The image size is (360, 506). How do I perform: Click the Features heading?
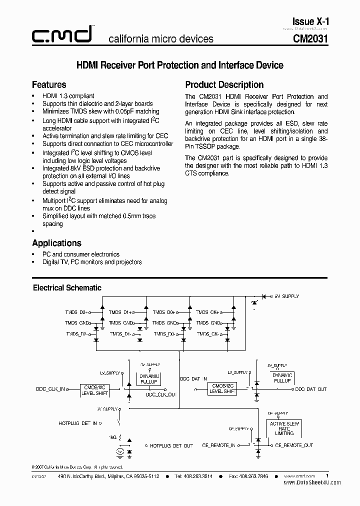click(49, 84)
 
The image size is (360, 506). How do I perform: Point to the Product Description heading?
click(224, 84)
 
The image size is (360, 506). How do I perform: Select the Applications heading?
click(56, 243)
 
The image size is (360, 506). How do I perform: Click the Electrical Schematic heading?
click(67, 287)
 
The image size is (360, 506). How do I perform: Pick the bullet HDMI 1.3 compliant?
click(68, 96)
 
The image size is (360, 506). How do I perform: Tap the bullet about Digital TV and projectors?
click(91, 262)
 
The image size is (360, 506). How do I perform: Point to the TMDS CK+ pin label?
click(208, 312)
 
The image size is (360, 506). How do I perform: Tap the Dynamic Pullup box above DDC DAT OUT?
click(282, 378)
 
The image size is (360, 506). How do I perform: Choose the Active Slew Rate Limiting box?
click(284, 428)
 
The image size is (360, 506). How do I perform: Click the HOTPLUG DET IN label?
click(77, 423)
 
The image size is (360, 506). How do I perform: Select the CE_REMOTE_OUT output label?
click(294, 445)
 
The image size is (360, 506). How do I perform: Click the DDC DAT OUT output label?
click(310, 389)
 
